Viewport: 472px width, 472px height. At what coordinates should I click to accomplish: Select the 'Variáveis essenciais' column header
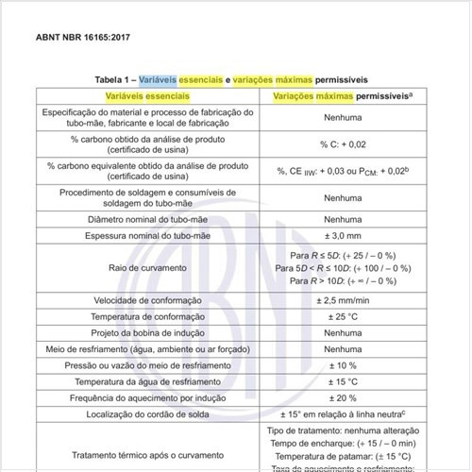(147, 97)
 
